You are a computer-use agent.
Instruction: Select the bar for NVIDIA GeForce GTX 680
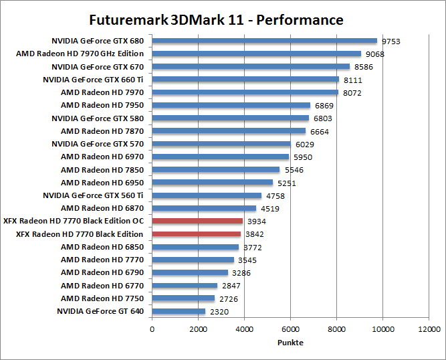[x=265, y=41]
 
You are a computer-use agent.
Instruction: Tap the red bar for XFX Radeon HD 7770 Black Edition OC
[x=197, y=221]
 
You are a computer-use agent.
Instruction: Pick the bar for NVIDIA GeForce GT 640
[x=179, y=311]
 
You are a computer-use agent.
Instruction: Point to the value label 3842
[x=257, y=234]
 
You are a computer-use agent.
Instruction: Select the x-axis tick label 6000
[x=290, y=329]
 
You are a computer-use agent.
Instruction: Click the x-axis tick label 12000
[x=429, y=329]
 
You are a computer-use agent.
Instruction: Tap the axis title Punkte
[x=290, y=342]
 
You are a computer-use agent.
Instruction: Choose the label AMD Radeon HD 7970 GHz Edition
[x=80, y=54]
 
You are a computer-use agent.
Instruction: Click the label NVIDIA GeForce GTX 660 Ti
[x=93, y=80]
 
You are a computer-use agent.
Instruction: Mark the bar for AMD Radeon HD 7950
[x=231, y=105]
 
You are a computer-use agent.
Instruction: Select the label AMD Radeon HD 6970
[x=102, y=157]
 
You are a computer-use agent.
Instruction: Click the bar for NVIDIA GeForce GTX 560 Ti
[x=207, y=195]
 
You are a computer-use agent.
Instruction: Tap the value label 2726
[x=228, y=298]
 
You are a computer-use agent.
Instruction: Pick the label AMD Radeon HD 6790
[x=102, y=272]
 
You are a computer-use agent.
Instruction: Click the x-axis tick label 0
[x=152, y=329]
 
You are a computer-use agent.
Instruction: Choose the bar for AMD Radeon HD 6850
[x=195, y=247]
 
